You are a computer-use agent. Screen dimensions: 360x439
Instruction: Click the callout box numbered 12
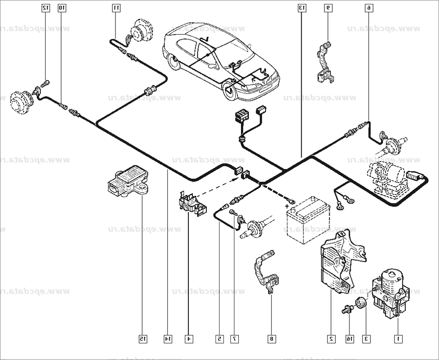tap(46, 7)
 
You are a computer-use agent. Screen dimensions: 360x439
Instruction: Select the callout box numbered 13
tap(301, 7)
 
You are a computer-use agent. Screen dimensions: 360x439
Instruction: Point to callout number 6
tap(369, 7)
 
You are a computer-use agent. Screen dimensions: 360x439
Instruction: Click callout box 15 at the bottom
tap(142, 338)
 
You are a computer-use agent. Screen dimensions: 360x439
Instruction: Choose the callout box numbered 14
tap(168, 338)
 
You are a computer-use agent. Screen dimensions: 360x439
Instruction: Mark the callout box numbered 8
tap(271, 338)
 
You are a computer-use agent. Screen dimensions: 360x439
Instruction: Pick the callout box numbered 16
tap(349, 338)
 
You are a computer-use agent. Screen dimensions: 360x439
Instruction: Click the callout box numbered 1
tap(398, 338)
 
